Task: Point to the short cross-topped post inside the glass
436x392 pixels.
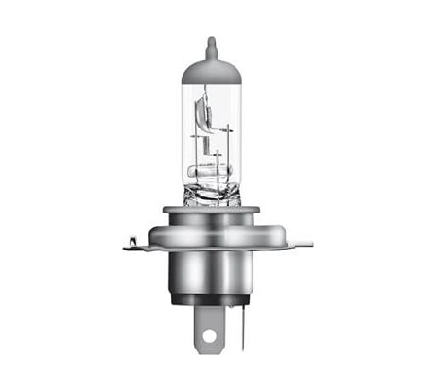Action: tap(217, 158)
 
